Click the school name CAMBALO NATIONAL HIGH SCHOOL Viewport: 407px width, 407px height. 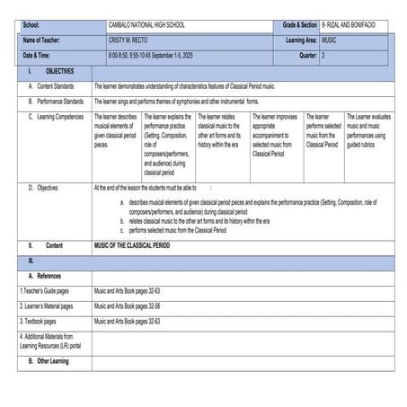click(145, 27)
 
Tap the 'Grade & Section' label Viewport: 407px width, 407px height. click(297, 27)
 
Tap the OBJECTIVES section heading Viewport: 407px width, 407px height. click(59, 70)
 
